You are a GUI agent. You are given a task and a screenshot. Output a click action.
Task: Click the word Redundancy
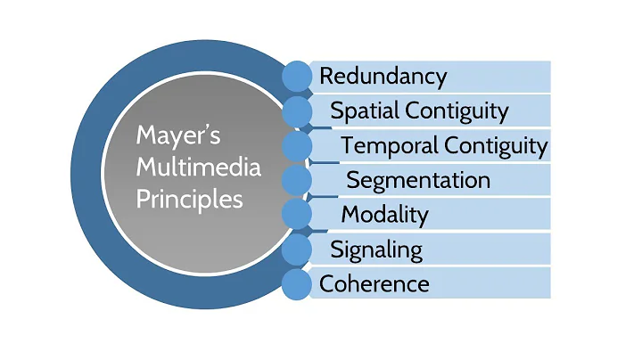tap(383, 77)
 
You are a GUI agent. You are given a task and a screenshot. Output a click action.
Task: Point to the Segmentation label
tap(418, 180)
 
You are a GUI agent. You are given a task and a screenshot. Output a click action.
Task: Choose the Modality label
tap(385, 215)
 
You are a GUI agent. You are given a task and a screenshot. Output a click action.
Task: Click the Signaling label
tap(376, 250)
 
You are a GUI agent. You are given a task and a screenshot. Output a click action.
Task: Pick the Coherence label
tap(374, 284)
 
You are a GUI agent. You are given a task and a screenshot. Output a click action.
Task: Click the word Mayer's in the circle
tap(178, 136)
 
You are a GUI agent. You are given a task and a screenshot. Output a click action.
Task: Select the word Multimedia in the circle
tap(198, 167)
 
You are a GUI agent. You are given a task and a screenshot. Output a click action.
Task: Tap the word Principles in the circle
tap(189, 200)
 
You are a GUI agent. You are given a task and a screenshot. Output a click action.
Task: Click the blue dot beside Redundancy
tap(297, 77)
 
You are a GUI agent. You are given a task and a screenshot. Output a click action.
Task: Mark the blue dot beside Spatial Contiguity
tap(297, 111)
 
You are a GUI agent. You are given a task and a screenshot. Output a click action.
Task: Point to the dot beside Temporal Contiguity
tap(297, 145)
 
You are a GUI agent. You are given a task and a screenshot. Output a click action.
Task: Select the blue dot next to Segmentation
tap(297, 180)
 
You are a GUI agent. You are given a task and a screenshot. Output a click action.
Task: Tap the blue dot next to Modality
tap(297, 215)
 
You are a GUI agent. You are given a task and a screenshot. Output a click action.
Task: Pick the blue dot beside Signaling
tap(297, 250)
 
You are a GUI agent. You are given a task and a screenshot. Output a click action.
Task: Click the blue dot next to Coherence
tap(297, 284)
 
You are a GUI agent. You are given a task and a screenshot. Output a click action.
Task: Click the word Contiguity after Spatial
tap(457, 111)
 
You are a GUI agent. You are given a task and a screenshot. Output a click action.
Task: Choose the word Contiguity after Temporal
tap(496, 146)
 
